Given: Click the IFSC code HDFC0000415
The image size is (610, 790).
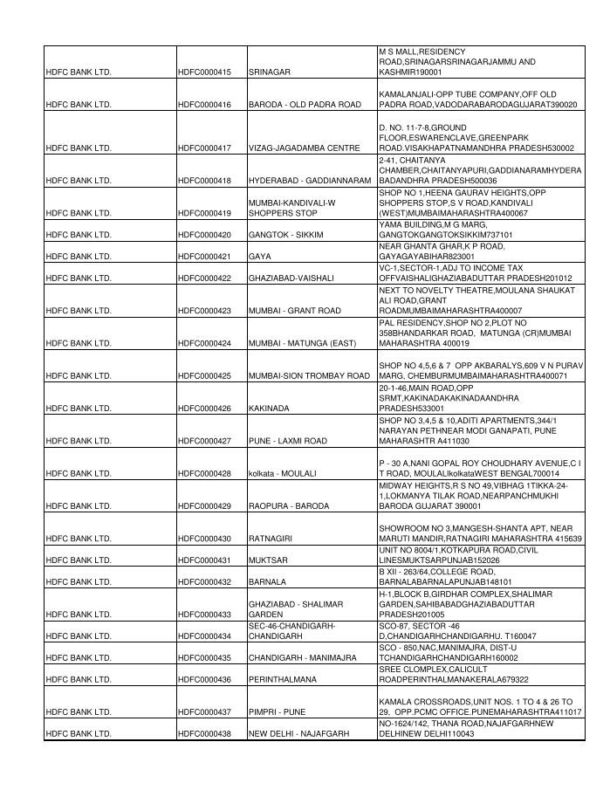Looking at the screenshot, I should tap(205, 72).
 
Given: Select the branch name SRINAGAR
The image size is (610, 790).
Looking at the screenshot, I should tap(269, 72).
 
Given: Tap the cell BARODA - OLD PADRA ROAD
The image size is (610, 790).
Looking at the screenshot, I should tap(305, 105).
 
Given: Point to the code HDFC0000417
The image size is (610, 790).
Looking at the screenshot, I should tap(205, 148).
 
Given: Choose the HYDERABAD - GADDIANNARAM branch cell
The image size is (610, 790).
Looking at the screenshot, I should tap(310, 181).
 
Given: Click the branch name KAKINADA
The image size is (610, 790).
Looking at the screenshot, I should tap(268, 409).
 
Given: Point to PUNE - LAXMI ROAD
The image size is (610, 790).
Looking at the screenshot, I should tap(288, 441).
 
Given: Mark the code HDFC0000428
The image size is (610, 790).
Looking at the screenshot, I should tap(205, 474).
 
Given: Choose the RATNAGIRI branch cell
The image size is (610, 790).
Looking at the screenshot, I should tap(271, 539).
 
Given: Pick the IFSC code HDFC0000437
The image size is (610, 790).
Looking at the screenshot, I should tap(205, 712).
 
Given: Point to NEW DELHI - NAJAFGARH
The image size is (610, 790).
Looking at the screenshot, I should tap(298, 734).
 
